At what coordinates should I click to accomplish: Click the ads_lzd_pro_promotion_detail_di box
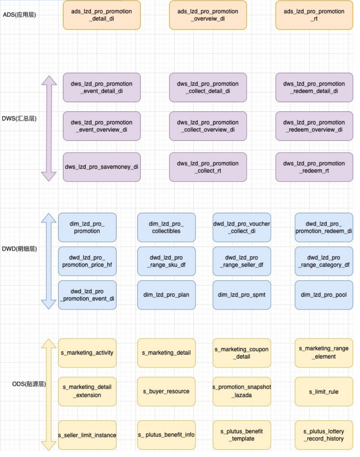point(102,15)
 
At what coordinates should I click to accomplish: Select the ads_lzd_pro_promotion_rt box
point(314,15)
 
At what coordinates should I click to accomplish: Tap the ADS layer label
point(19,14)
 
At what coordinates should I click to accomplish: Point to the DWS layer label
point(19,118)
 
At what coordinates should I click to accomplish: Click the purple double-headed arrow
point(49,129)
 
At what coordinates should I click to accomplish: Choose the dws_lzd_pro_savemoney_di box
point(102,167)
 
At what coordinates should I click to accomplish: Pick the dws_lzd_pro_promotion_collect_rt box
point(208,167)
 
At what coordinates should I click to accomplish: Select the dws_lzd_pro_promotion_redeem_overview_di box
point(314,126)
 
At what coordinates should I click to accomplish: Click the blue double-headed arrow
point(49,261)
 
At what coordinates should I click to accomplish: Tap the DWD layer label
point(19,249)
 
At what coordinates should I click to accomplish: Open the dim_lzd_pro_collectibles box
point(166,227)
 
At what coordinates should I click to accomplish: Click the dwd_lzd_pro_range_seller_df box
point(242,261)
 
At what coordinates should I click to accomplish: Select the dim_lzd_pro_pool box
point(324,295)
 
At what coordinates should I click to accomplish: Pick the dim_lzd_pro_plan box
point(166,295)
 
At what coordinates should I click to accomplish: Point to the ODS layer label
point(29,384)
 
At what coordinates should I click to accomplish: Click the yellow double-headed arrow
point(49,395)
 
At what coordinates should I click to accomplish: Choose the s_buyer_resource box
point(166,392)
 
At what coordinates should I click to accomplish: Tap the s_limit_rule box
point(324,392)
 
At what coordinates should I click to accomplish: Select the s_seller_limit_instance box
point(87,435)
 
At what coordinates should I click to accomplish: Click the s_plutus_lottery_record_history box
point(324,435)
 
